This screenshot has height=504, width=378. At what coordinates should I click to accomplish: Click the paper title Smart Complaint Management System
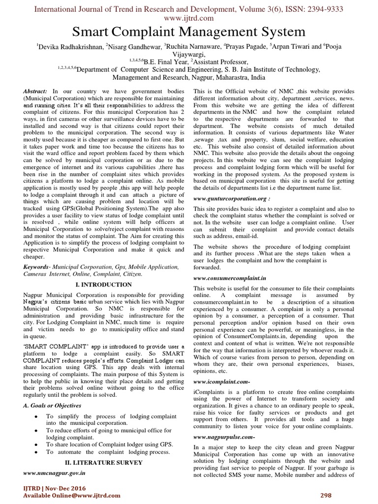click(x=189, y=32)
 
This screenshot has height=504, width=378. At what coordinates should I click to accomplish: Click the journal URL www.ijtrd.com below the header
click(x=189, y=18)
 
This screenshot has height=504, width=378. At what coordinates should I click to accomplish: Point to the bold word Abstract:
click(x=36, y=92)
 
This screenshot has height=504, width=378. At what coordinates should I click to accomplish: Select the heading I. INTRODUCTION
click(x=104, y=284)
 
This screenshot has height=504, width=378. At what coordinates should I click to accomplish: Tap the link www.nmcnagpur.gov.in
click(x=55, y=472)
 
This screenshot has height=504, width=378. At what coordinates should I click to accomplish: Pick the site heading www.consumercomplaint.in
click(x=230, y=278)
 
